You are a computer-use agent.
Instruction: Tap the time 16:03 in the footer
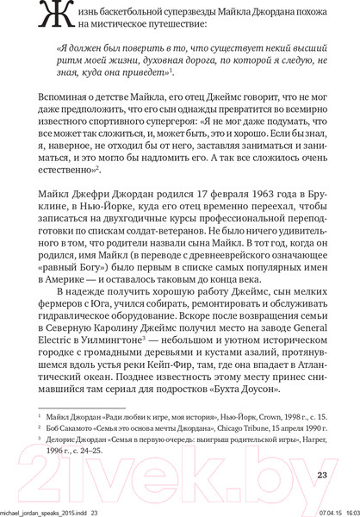click(347, 512)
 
